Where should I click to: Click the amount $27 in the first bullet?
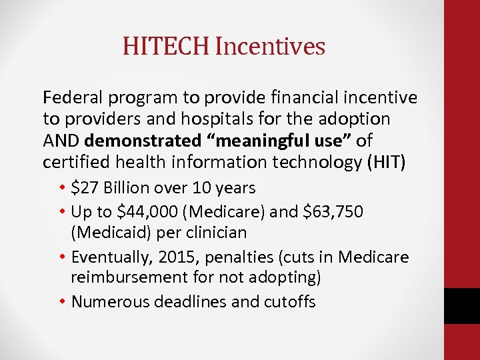pyautogui.click(x=85, y=188)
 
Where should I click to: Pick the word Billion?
pyautogui.click(x=128, y=188)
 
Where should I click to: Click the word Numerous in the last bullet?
pyautogui.click(x=109, y=302)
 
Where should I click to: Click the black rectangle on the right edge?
pyautogui.click(x=462, y=306)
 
